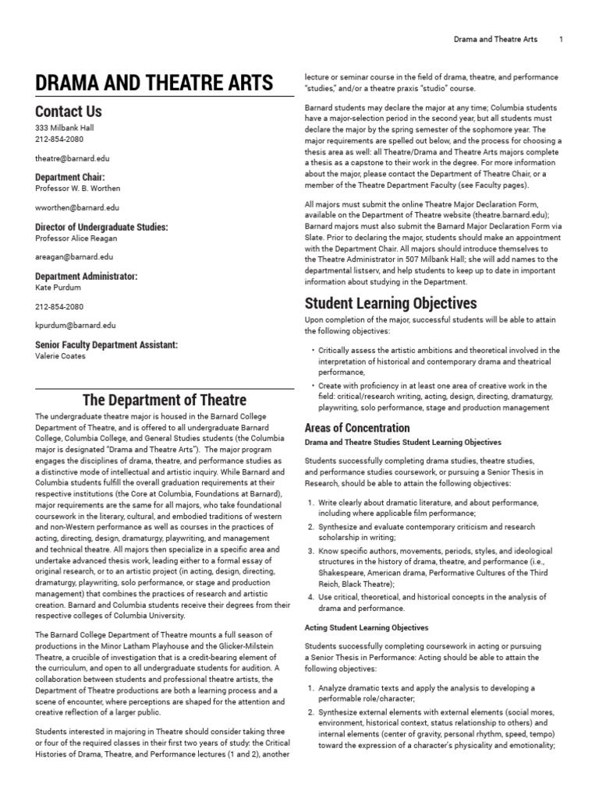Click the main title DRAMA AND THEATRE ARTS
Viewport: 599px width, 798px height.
click(154, 83)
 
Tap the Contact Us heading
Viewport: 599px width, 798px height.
click(69, 111)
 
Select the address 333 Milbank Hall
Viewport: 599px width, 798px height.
click(65, 128)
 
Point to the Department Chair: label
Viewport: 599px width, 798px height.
click(70, 177)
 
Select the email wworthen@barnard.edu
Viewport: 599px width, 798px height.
click(77, 208)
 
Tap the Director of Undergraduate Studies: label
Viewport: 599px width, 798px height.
click(101, 228)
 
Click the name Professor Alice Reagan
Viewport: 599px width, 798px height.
click(76, 238)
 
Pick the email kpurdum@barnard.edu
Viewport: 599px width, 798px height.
click(76, 326)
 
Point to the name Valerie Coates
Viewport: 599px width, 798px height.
click(62, 356)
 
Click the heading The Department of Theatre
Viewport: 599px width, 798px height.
click(164, 401)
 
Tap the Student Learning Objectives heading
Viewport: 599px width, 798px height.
click(391, 303)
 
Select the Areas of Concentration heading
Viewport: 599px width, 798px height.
click(356, 428)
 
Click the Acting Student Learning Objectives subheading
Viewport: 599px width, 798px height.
click(366, 627)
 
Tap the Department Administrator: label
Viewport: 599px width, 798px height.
click(86, 277)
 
